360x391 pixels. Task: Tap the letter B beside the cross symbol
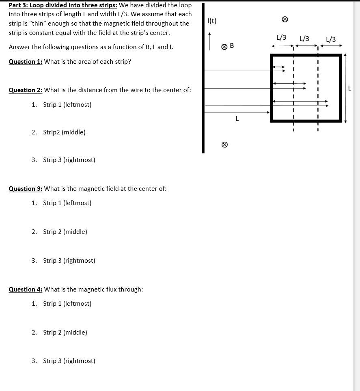coord(232,45)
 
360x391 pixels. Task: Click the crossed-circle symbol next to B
coord(224,46)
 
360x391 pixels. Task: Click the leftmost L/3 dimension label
coord(281,37)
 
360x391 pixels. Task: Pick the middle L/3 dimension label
coord(304,39)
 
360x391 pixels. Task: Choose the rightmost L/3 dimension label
coord(331,39)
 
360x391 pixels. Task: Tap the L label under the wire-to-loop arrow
coord(237,119)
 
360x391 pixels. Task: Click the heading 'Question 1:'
coord(26,61)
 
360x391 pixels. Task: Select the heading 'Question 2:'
coord(26,90)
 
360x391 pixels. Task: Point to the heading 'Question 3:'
coord(26,188)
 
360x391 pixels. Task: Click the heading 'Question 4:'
coord(26,289)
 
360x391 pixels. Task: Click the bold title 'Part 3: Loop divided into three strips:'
coord(63,5)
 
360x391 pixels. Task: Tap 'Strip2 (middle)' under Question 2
coord(64,132)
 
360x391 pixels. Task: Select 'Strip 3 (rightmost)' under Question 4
coord(69,361)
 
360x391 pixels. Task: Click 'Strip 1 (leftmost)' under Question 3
coord(67,203)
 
